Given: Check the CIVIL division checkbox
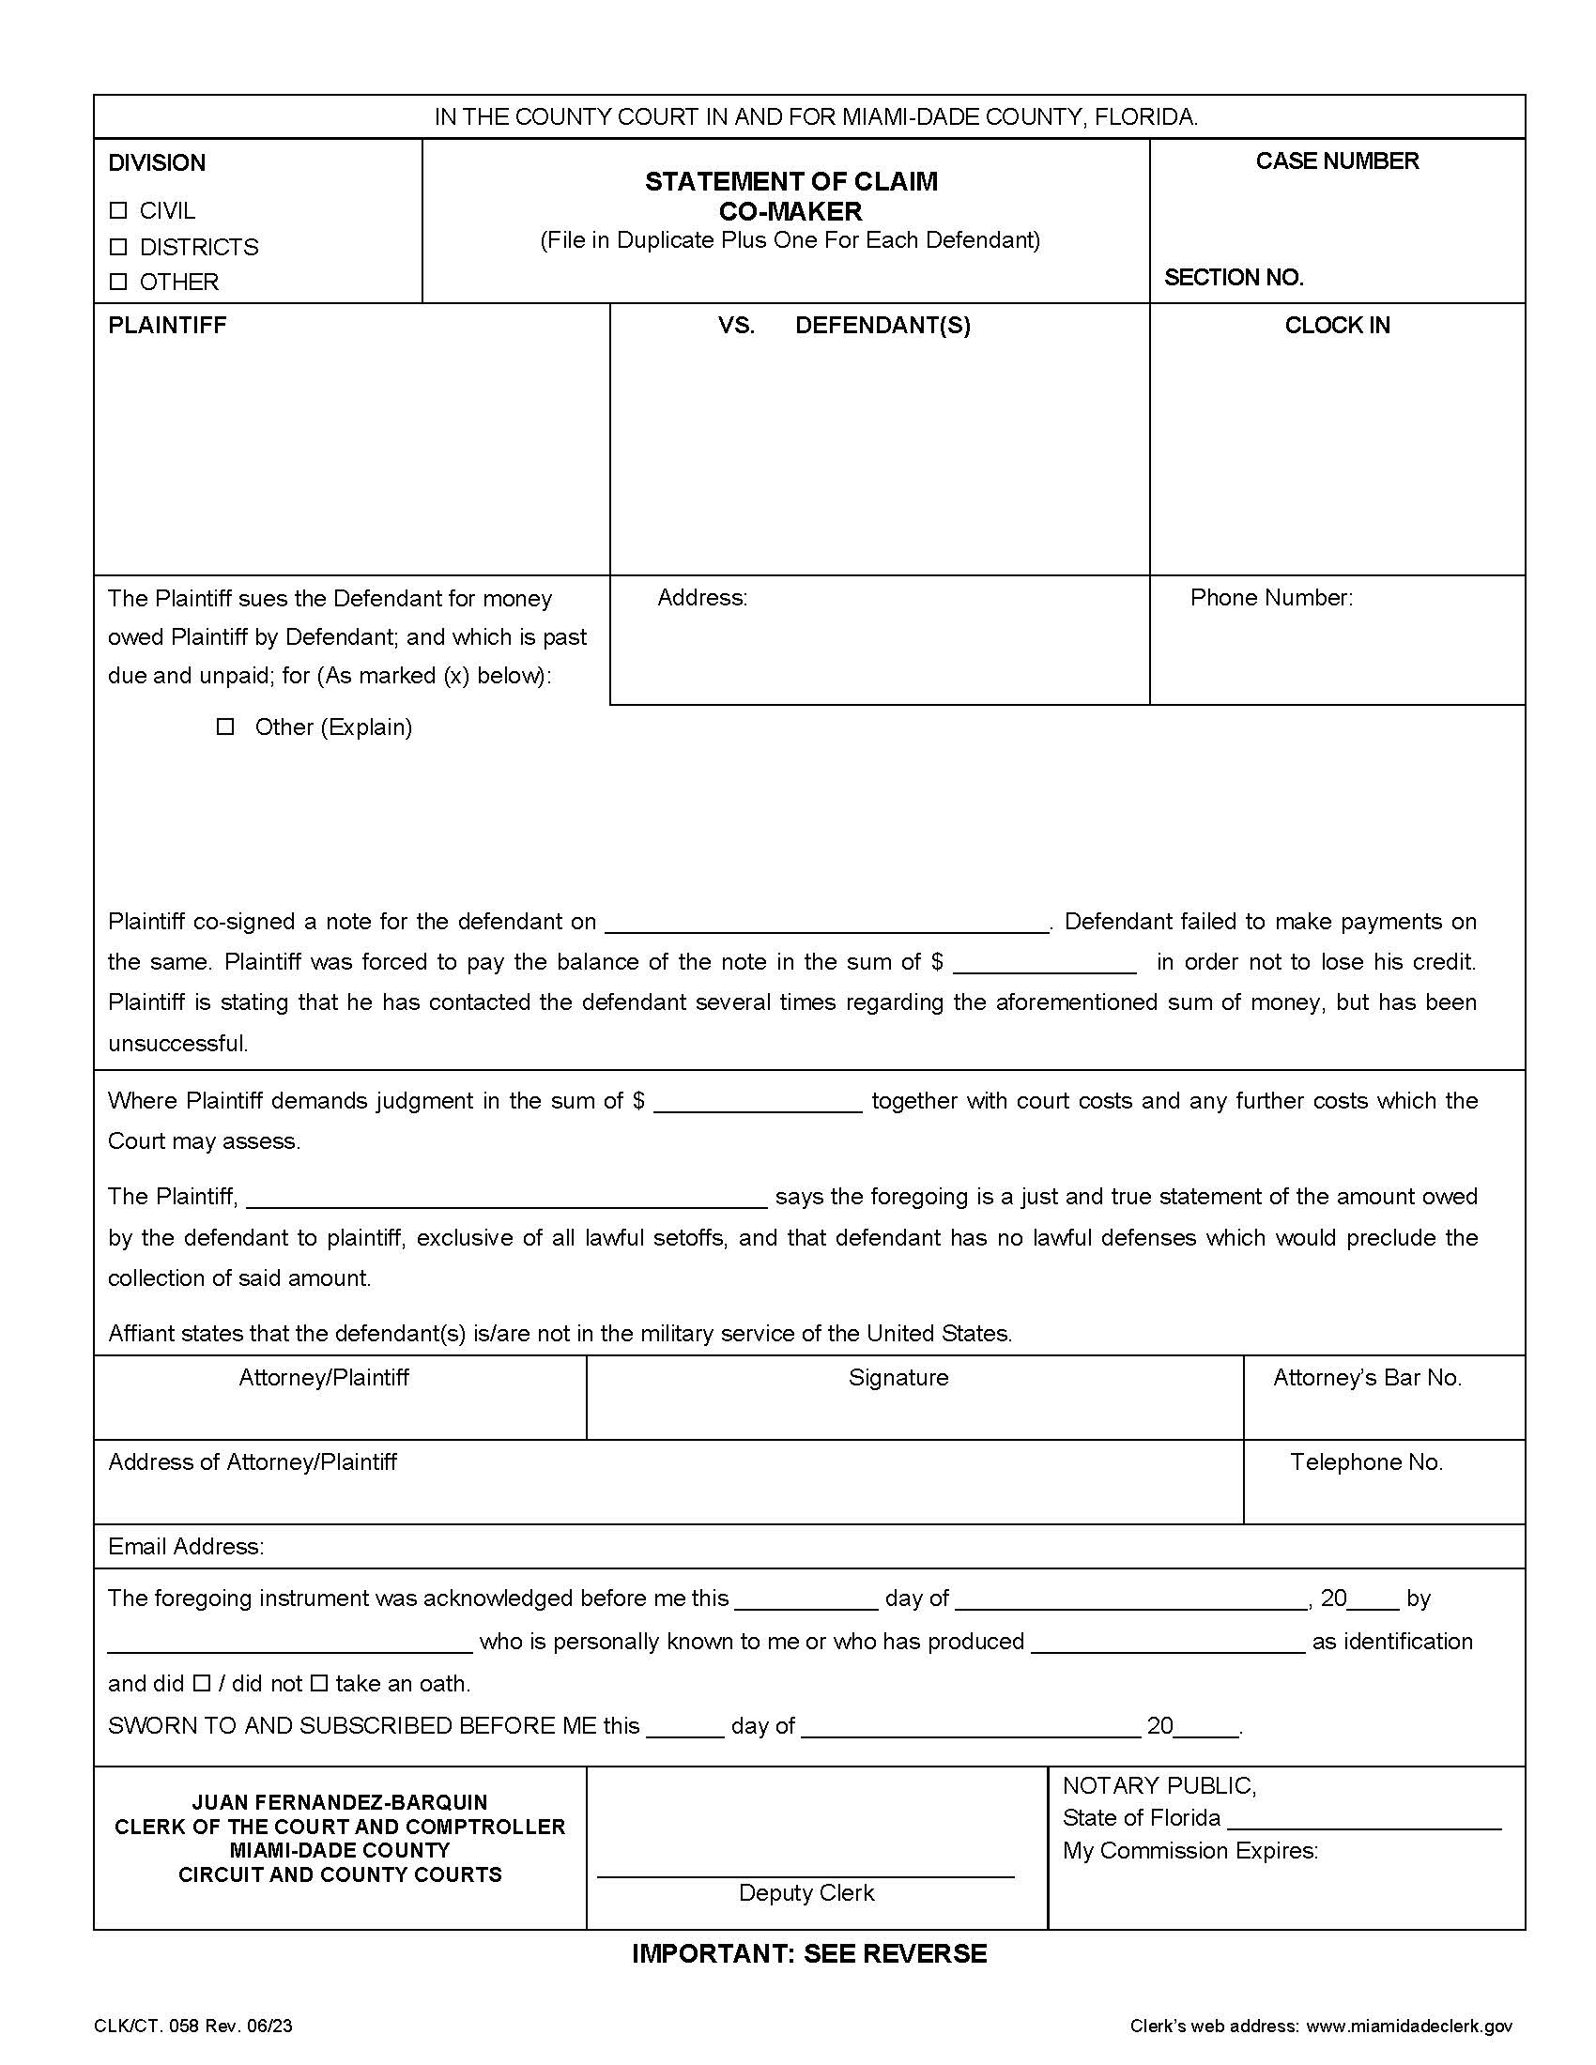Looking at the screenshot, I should coord(118,210).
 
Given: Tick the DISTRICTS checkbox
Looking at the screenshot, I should coord(118,247).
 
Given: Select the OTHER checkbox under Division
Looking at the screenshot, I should coord(118,282).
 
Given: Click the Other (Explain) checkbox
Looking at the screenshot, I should coord(225,727).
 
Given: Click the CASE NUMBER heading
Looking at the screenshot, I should coord(1336,161).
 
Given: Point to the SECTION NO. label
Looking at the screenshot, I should coord(1233,278).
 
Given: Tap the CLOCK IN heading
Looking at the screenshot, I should coord(1336,326).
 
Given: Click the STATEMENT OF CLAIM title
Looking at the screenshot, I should coord(790,181).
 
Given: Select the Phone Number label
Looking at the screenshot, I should coord(1271,598).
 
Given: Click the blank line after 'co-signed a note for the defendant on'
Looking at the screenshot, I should coord(826,924).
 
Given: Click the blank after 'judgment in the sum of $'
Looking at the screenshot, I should coord(758,1104).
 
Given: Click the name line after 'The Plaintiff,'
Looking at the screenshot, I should coord(507,1199).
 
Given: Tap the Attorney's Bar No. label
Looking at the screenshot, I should coord(1366,1378).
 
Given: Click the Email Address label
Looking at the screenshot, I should coord(186,1546).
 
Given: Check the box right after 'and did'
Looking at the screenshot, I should coord(202,1684).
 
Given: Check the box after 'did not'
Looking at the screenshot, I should coord(318,1684).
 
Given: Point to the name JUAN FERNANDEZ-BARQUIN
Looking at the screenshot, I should coord(340,1802).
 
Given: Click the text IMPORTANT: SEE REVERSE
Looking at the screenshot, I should coord(809,1953).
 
